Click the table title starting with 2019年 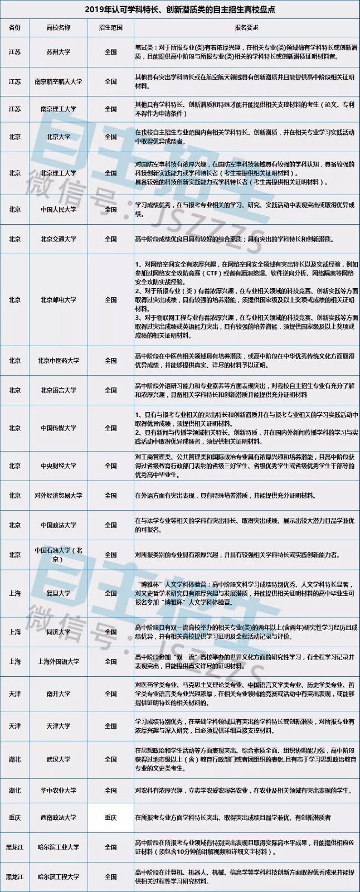[179, 9]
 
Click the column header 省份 [15, 27]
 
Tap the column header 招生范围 [110, 27]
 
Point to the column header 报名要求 [245, 27]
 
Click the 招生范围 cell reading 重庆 [110, 818]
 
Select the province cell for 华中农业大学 [15, 790]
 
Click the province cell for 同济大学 [15, 632]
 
